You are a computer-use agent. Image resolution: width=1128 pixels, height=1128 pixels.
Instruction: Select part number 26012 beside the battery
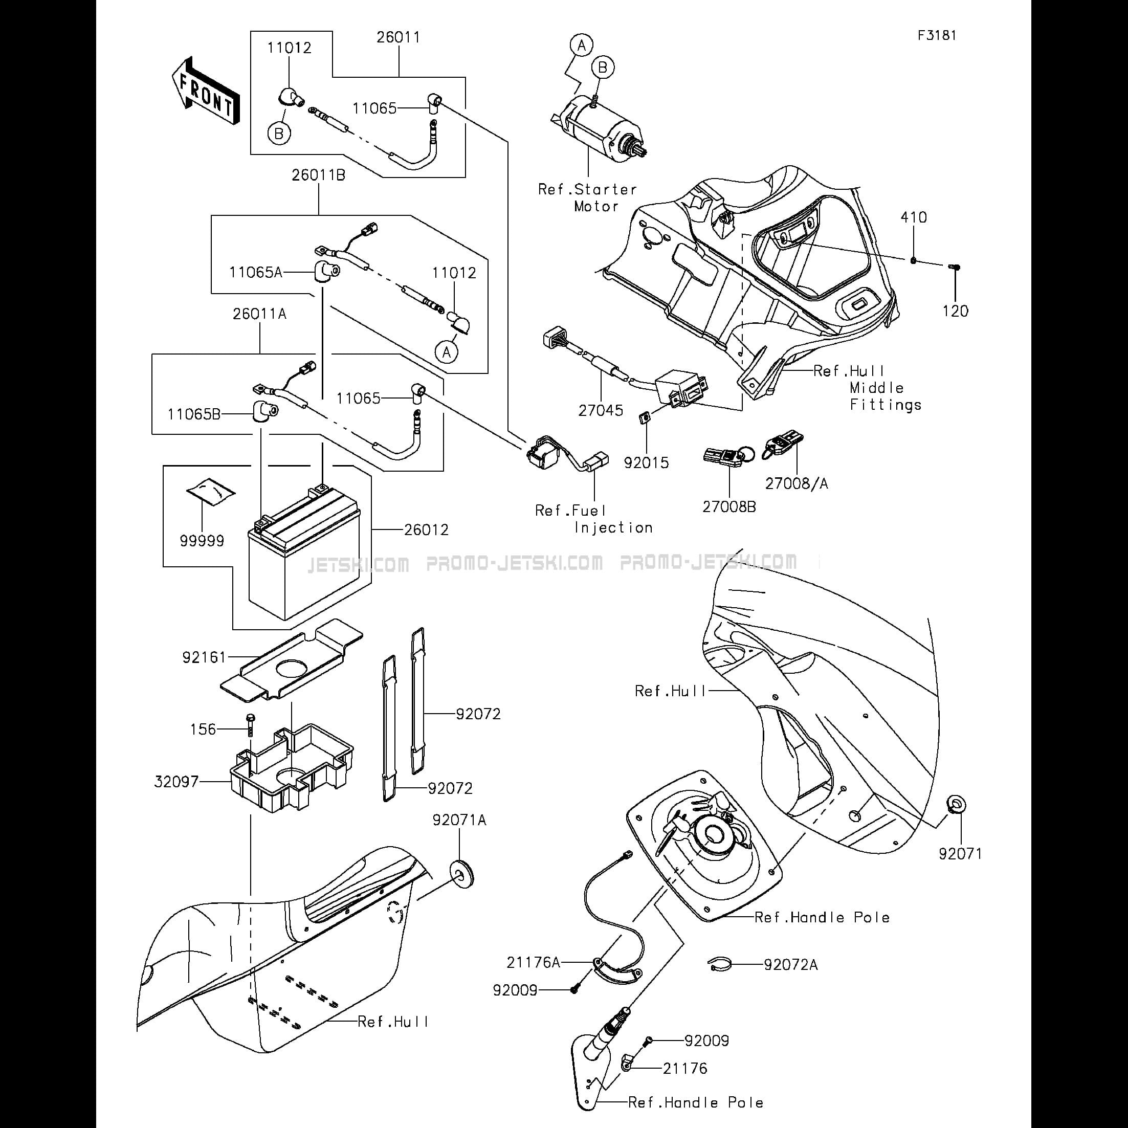427,530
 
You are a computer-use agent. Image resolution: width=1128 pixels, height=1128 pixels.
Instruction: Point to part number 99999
202,541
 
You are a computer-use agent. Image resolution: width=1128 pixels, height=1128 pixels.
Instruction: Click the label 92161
204,657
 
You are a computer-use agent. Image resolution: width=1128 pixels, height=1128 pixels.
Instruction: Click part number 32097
176,781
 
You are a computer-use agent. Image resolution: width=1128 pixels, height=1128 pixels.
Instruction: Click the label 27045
601,410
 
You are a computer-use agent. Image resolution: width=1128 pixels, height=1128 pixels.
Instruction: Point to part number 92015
646,463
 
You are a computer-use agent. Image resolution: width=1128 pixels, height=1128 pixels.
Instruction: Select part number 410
914,217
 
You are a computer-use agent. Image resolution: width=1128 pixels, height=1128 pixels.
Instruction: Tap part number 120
955,311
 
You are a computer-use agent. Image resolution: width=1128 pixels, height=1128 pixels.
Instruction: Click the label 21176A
533,962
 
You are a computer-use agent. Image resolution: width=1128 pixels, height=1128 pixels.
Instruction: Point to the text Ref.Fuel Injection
594,519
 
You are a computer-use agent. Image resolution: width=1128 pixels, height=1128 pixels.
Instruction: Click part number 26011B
319,175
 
